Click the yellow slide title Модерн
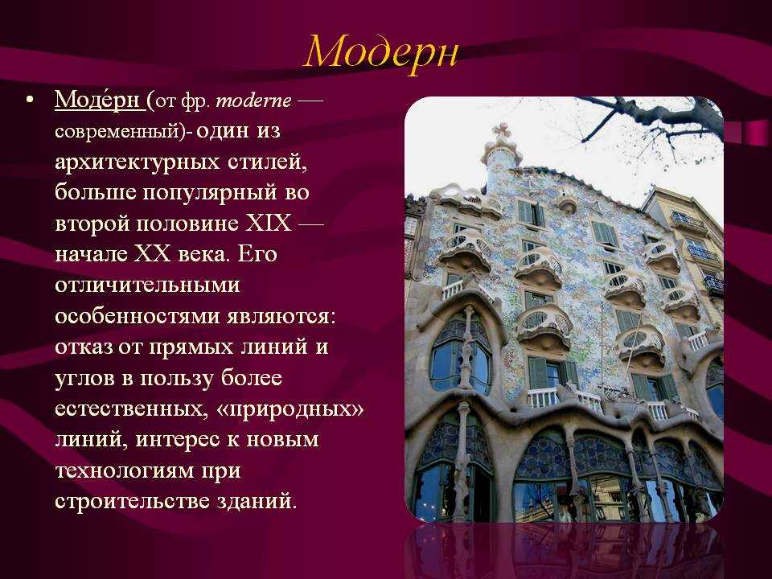(x=381, y=51)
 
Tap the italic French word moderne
(x=253, y=101)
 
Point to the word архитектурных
(x=138, y=162)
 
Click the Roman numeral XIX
(x=268, y=223)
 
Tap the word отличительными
(x=148, y=285)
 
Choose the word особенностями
(x=138, y=316)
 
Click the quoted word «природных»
(x=290, y=409)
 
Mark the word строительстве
(x=133, y=502)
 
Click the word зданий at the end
(x=257, y=502)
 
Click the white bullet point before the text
(x=31, y=101)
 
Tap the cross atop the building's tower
(x=501, y=131)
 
